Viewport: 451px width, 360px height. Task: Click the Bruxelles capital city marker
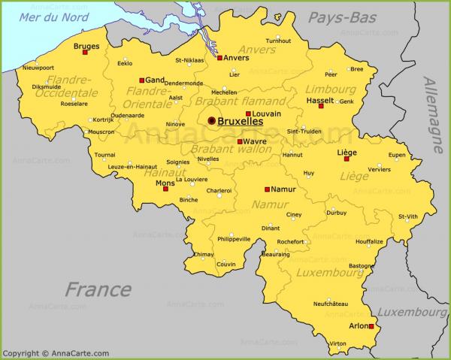point(212,120)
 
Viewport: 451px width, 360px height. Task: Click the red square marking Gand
point(141,80)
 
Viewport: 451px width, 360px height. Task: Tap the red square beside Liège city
point(347,159)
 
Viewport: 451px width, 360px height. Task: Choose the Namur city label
point(283,189)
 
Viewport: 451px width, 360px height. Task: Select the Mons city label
point(165,182)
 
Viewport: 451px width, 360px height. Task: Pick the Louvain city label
point(267,114)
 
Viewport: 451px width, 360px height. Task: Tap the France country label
point(98,289)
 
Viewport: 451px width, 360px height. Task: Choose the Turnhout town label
point(278,41)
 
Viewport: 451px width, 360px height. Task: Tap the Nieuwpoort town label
point(38,68)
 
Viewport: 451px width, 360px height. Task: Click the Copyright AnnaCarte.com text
point(56,353)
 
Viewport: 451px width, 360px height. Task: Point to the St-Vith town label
point(408,216)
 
